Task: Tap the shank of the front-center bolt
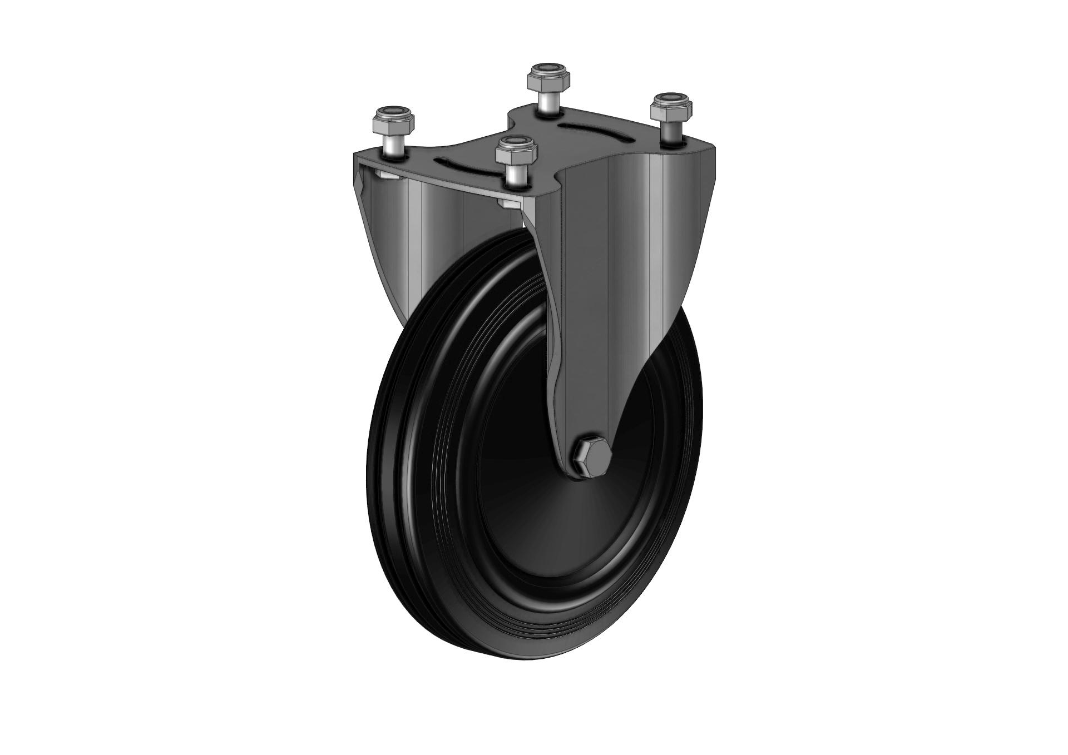(x=516, y=175)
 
